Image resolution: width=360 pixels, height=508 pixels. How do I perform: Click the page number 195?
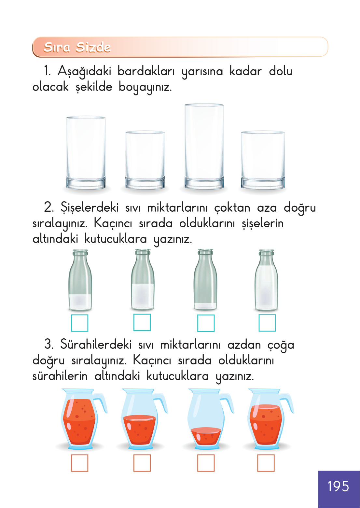[x=338, y=486]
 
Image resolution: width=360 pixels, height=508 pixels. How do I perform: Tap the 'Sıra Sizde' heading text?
[x=77, y=47]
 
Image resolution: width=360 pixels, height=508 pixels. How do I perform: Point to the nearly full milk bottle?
[x=266, y=280]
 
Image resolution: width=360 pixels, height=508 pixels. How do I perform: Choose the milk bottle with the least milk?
[x=205, y=280]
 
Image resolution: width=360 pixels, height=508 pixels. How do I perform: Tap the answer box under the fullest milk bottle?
[x=267, y=323]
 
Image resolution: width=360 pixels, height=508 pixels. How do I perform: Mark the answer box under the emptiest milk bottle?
[x=206, y=323]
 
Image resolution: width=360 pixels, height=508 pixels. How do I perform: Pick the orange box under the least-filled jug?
[x=206, y=463]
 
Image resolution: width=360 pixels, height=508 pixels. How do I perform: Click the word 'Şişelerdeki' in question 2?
[x=90, y=207]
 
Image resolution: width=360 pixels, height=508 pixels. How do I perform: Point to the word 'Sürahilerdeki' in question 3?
[x=96, y=345]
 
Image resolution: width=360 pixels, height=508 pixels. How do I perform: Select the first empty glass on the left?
[x=86, y=152]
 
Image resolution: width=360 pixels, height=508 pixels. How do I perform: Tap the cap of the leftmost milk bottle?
[x=80, y=253]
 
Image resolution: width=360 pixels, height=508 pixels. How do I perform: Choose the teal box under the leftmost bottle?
[x=79, y=323]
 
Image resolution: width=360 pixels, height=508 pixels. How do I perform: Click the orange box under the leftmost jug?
[x=79, y=463]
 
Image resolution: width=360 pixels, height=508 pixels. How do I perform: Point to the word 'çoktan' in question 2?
[x=232, y=208]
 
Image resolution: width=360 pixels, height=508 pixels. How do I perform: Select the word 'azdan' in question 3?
[x=244, y=345]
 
